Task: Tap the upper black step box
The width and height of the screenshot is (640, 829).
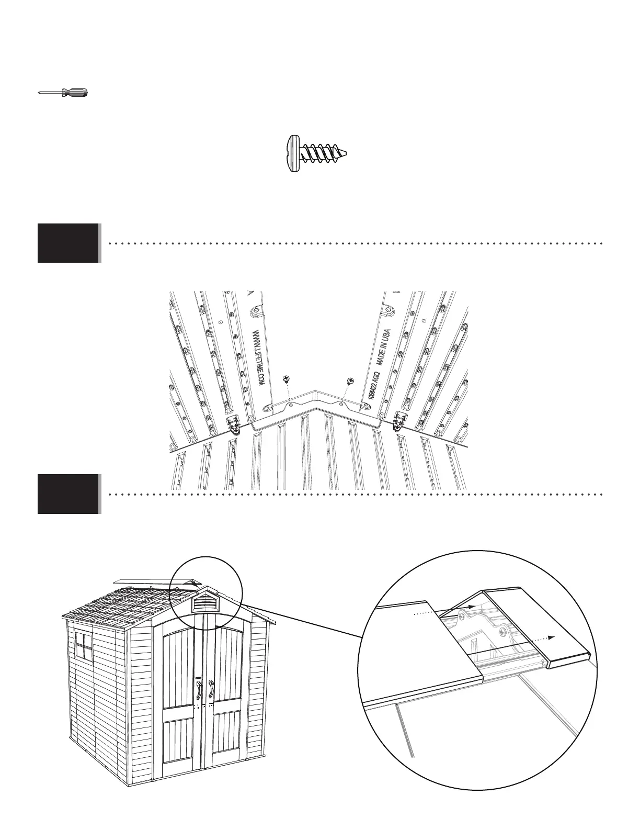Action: click(x=68, y=243)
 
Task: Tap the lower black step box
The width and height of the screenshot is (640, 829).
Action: click(x=68, y=494)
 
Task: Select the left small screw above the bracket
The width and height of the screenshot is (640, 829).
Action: click(x=285, y=378)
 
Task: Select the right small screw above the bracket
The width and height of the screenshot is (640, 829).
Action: click(x=349, y=381)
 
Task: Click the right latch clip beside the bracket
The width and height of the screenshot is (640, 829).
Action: click(x=401, y=421)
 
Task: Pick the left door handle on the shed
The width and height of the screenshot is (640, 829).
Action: click(x=199, y=690)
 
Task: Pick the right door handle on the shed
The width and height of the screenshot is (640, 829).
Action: click(x=211, y=690)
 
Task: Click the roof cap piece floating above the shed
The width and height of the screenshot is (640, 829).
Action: click(x=157, y=582)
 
